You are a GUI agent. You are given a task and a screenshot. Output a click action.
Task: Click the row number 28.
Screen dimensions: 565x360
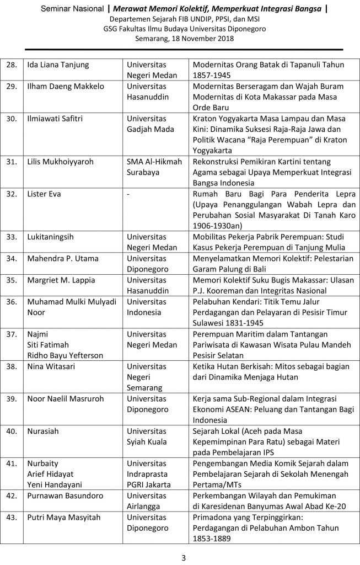(x=12, y=65)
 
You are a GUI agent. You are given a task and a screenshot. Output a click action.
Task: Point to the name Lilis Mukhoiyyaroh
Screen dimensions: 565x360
(x=61, y=162)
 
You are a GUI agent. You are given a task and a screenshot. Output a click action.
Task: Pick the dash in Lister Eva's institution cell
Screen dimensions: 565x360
(x=128, y=194)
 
